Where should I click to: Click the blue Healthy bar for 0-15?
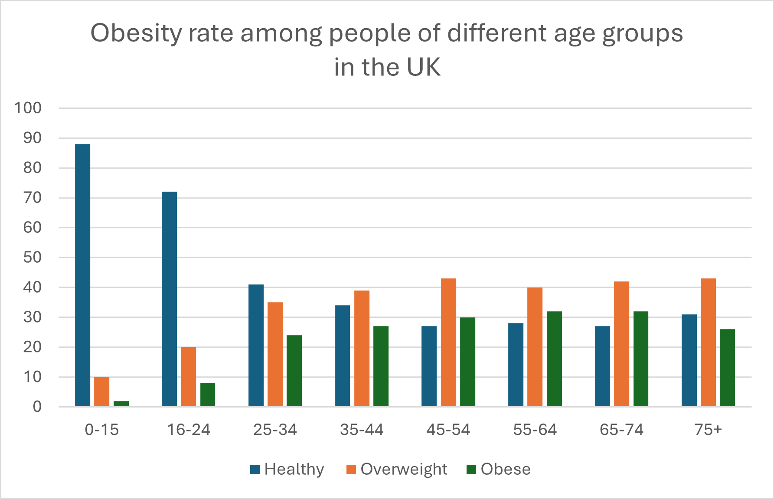[82, 275]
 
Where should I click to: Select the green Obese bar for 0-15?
[121, 404]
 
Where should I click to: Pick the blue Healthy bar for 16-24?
[169, 299]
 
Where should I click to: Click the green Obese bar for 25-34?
[294, 371]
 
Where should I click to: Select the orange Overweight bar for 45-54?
[448, 342]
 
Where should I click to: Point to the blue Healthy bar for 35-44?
[343, 355]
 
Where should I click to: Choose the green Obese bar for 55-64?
[554, 359]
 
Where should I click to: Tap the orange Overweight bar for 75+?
[708, 342]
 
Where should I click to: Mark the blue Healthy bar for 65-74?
[602, 366]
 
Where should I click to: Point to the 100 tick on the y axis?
[28, 108]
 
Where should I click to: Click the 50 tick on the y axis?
[32, 258]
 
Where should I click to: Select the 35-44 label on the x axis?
[362, 430]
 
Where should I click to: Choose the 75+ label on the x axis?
[708, 430]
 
